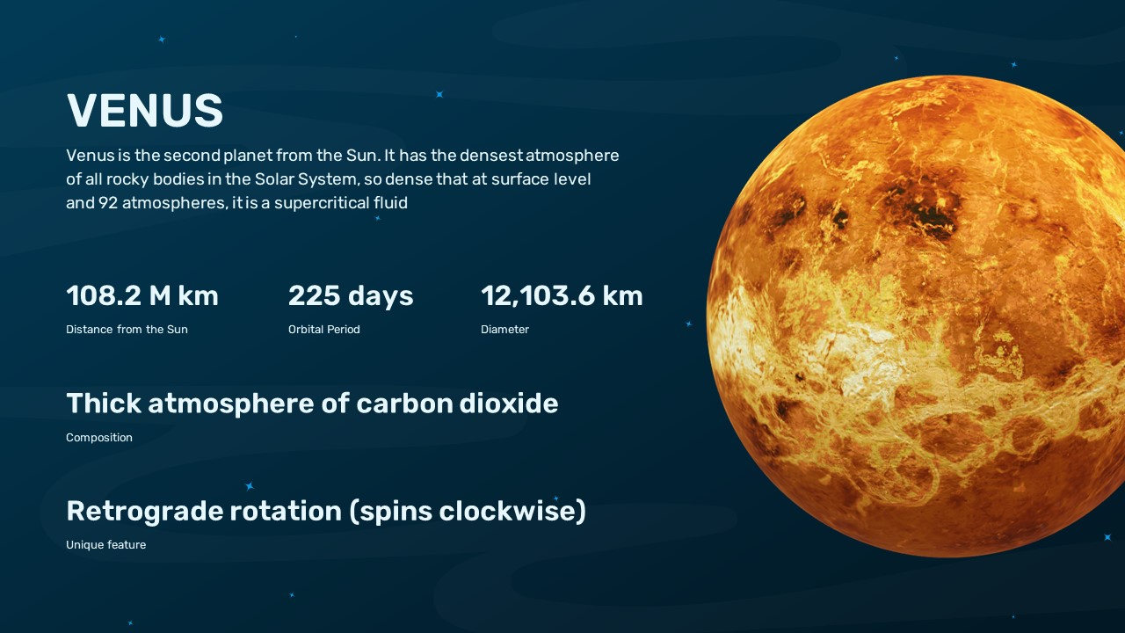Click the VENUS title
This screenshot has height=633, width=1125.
click(145, 111)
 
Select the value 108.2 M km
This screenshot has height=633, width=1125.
click(142, 296)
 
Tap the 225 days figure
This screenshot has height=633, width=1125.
click(351, 296)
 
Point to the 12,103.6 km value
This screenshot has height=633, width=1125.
click(562, 296)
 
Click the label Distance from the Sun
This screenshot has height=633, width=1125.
click(127, 330)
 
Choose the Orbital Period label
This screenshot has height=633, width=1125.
click(324, 330)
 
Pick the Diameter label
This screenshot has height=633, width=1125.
click(504, 330)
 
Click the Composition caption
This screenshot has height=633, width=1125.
click(99, 438)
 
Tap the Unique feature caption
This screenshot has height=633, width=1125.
click(105, 545)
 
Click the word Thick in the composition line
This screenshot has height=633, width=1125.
click(103, 404)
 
